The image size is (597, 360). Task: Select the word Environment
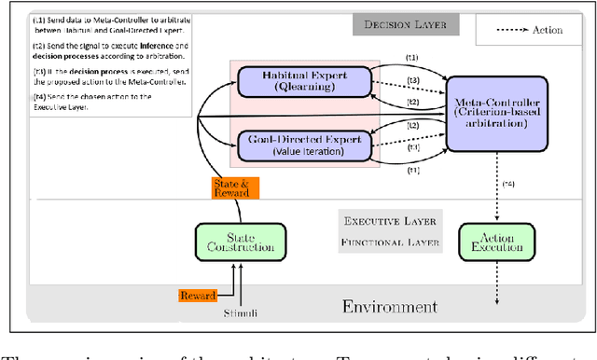(390, 307)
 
